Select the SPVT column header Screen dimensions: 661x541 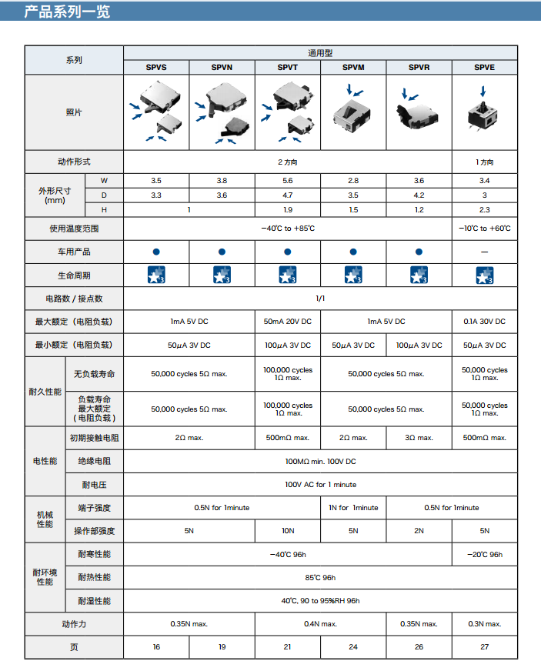click(287, 68)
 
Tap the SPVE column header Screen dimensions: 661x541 click(484, 68)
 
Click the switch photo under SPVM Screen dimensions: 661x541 click(353, 109)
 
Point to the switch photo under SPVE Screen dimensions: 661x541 click(484, 112)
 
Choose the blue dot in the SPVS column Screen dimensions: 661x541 click(156, 252)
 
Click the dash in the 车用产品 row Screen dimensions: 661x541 click(484, 252)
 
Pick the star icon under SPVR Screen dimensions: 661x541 click(419, 275)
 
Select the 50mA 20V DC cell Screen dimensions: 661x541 click(287, 322)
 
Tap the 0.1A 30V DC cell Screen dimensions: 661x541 click(484, 322)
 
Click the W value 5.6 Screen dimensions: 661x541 click(287, 180)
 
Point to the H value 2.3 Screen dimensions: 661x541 click(484, 210)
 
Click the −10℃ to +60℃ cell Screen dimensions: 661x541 click(484, 229)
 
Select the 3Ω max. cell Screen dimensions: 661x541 click(419, 438)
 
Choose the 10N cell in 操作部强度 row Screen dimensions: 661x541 click(287, 530)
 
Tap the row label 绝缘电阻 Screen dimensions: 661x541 click(94, 461)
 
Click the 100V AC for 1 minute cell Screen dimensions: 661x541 click(320, 484)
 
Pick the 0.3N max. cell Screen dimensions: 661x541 click(484, 624)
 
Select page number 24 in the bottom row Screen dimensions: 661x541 click(353, 647)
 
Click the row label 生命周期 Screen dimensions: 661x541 click(74, 275)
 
